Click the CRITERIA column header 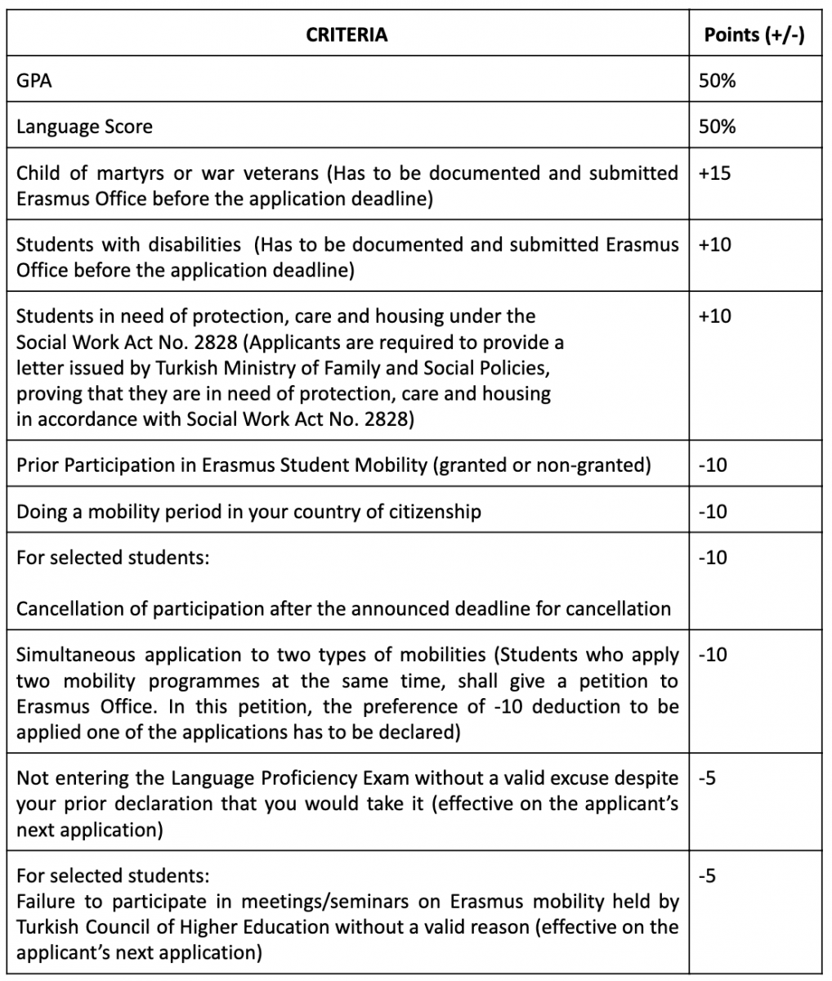pyautogui.click(x=347, y=34)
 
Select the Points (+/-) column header pyautogui.click(x=754, y=34)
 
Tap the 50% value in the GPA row pyautogui.click(x=717, y=80)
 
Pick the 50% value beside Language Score pyautogui.click(x=717, y=126)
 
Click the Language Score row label pyautogui.click(x=84, y=127)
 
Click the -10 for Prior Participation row pyautogui.click(x=713, y=465)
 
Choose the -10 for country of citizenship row pyautogui.click(x=713, y=512)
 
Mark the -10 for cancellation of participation pyautogui.click(x=713, y=558)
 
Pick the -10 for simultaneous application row pyautogui.click(x=713, y=655)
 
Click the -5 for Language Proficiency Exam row pyautogui.click(x=708, y=777)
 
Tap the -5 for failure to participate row pyautogui.click(x=708, y=876)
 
